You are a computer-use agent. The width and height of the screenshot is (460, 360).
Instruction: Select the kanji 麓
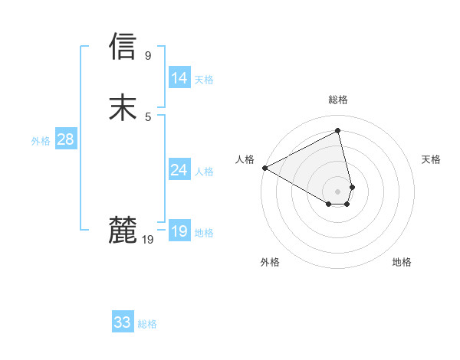coord(123,230)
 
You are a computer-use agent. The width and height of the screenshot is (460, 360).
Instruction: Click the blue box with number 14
coord(179,78)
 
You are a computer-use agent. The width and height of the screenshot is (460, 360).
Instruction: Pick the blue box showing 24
coord(179,170)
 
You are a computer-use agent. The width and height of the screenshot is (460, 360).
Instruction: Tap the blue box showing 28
coord(65,139)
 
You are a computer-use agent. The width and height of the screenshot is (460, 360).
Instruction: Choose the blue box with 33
coord(123,322)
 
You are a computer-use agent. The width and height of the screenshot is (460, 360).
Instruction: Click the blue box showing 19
coord(179,231)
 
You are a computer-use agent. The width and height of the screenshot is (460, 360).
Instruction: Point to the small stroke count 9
coord(148,55)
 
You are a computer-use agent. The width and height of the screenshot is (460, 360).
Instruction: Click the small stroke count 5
coord(148,116)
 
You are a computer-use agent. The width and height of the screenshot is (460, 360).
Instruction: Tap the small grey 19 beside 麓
coord(148,240)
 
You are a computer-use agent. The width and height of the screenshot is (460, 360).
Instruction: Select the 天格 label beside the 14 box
coord(204,80)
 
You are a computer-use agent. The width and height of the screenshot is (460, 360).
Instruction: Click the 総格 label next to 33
coord(147,324)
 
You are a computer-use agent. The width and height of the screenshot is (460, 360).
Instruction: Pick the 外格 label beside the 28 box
coord(41,141)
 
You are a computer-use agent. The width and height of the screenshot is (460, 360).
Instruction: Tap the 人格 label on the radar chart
coord(245,159)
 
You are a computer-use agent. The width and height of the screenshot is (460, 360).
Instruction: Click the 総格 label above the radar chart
coord(338,100)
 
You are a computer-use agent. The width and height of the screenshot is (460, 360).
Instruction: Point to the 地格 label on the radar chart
coord(402,262)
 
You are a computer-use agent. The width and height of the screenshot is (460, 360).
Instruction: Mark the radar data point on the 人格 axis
coord(264,167)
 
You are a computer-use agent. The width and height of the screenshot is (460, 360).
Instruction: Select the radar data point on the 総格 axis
coord(338,131)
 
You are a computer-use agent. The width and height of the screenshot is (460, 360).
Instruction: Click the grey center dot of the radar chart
coord(338,191)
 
